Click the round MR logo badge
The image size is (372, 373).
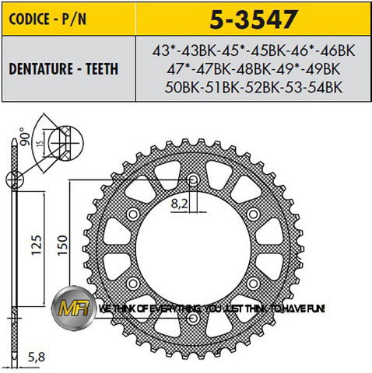coord(73,308)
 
